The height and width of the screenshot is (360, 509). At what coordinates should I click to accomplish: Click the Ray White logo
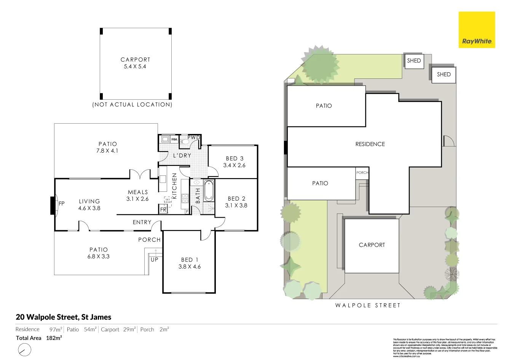pyautogui.click(x=477, y=30)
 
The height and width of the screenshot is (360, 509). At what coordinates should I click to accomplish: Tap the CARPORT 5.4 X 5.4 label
pyautogui.click(x=135, y=63)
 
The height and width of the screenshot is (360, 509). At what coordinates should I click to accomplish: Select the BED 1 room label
pyautogui.click(x=190, y=260)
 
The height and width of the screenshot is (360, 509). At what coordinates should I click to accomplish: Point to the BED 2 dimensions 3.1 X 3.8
pyautogui.click(x=236, y=205)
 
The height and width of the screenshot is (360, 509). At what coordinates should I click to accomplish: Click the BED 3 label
pyautogui.click(x=235, y=158)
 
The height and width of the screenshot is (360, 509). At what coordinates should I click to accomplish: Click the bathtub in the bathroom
pyautogui.click(x=209, y=191)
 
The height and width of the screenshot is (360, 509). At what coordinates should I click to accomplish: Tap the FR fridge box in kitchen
pyautogui.click(x=163, y=210)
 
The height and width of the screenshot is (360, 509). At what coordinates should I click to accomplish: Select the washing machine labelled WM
pyautogui.click(x=174, y=140)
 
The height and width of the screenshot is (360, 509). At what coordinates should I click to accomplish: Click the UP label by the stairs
pyautogui.click(x=154, y=260)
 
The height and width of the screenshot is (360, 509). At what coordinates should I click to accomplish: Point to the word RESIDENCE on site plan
pyautogui.click(x=370, y=144)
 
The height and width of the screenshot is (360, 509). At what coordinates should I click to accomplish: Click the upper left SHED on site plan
pyautogui.click(x=414, y=61)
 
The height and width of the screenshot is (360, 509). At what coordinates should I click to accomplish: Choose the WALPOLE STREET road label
pyautogui.click(x=368, y=305)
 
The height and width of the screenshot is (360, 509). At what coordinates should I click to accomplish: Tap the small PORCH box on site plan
pyautogui.click(x=362, y=173)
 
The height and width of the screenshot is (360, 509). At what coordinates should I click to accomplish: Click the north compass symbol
pyautogui.click(x=24, y=350)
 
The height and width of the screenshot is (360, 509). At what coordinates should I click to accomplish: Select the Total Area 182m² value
pyautogui.click(x=54, y=338)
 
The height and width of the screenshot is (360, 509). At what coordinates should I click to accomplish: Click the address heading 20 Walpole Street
pyautogui.click(x=64, y=317)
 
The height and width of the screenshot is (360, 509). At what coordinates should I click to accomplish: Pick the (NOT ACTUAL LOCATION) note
pyautogui.click(x=132, y=105)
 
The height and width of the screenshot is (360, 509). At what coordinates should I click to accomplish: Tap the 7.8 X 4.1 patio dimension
pyautogui.click(x=108, y=151)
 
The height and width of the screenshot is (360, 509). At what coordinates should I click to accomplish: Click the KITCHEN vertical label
pyautogui.click(x=175, y=186)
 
